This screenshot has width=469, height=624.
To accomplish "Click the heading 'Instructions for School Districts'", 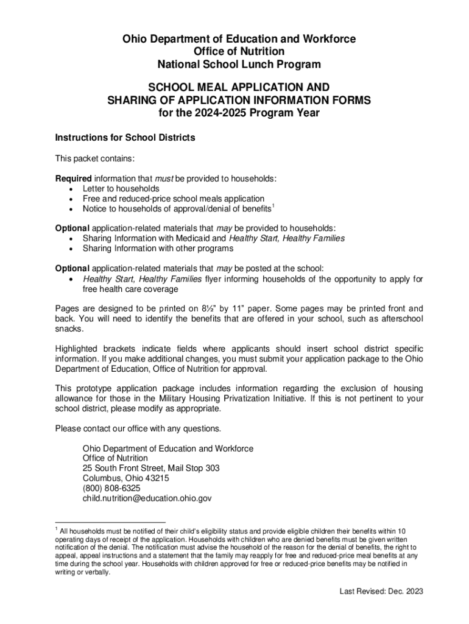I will [x=125, y=138].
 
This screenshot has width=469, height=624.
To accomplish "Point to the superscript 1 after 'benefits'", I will [x=273, y=207].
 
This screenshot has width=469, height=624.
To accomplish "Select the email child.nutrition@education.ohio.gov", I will [x=147, y=498].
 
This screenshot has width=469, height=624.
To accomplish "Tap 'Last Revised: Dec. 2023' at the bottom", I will [x=381, y=591].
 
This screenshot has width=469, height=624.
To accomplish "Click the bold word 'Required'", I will [x=73, y=179].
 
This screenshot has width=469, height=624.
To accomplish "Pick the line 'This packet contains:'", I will [x=94, y=158].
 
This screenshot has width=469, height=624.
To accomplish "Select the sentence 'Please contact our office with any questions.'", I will [x=138, y=428].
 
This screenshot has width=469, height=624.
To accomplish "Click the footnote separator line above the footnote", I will [x=110, y=522].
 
